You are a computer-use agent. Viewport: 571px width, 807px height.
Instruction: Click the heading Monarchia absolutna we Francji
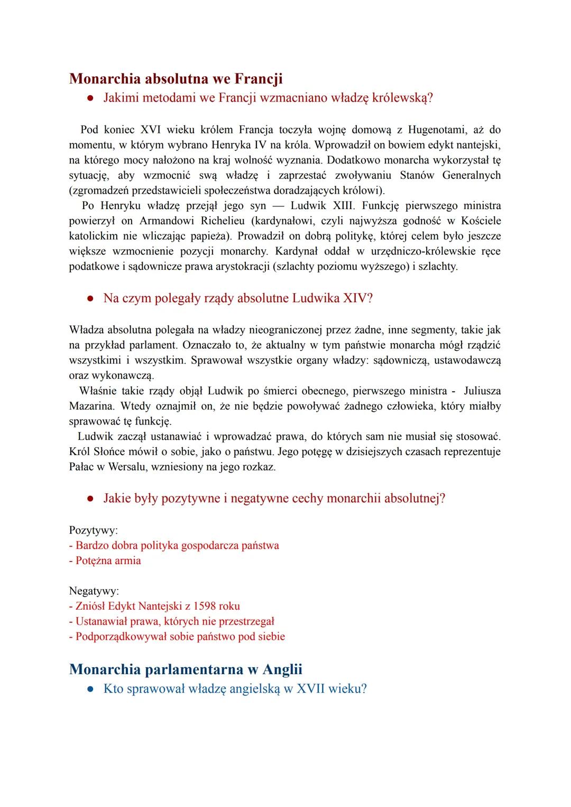coord(176,79)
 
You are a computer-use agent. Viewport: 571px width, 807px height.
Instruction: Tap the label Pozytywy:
coord(94,530)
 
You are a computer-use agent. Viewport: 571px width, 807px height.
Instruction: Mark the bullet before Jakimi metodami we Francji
coord(91,98)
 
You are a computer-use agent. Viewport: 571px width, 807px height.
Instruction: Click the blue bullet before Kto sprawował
coord(91,690)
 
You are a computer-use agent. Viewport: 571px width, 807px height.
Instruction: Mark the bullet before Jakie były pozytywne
coord(91,499)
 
